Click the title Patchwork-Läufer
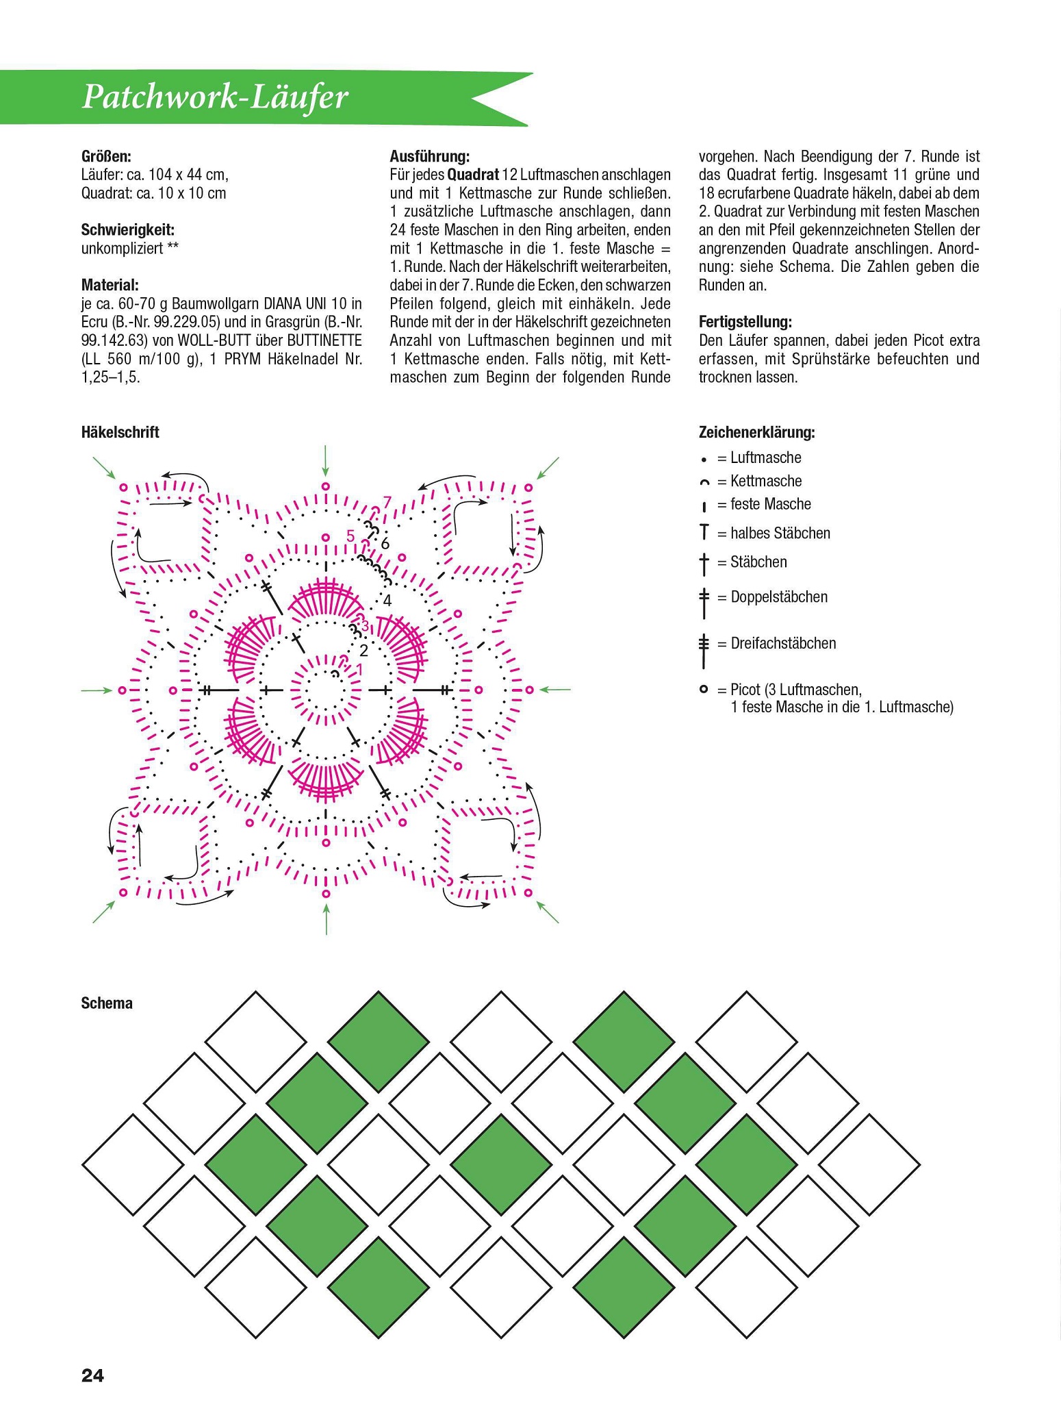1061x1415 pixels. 215,98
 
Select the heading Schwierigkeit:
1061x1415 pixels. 128,230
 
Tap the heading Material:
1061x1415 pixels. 110,285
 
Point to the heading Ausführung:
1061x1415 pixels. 429,157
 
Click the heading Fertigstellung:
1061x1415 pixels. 745,322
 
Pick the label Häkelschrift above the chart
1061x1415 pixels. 120,432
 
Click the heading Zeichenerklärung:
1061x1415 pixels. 756,433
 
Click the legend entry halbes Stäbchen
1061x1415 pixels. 780,533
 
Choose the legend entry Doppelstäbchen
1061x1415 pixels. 778,597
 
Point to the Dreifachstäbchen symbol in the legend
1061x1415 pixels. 703,651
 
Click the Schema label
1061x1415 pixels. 107,1003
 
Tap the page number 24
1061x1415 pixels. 92,1375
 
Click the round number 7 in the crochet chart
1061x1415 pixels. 387,502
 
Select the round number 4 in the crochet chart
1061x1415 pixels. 387,601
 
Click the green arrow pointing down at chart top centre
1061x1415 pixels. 325,460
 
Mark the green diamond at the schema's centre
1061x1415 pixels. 502,1164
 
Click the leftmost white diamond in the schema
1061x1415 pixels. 133,1164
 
